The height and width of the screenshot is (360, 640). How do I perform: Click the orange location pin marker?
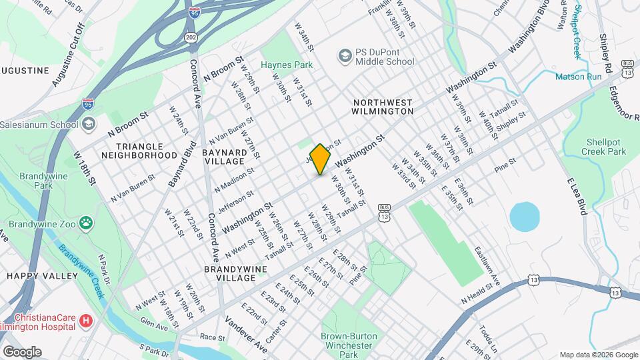point(320,159)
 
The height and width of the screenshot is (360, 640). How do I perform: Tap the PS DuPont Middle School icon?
point(345,55)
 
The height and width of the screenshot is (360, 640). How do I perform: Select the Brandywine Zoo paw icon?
point(86,222)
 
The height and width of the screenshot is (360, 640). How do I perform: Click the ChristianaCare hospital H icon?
point(85,321)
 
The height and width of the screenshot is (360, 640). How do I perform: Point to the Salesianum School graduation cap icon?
point(89,124)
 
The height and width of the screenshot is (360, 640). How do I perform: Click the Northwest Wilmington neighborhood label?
point(383,107)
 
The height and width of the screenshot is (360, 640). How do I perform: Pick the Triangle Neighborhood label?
point(139,151)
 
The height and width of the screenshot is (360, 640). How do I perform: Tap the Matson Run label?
point(579,77)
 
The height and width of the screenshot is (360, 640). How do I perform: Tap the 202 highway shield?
point(191,37)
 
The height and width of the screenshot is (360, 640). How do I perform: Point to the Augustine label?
point(25,70)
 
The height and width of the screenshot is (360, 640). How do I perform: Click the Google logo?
point(22,351)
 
